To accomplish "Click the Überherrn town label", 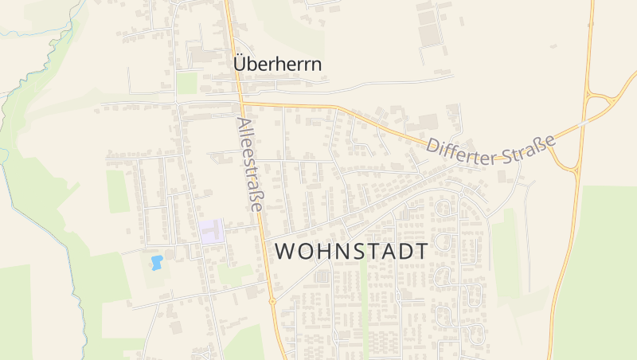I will tap(278, 65).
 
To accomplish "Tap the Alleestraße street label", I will tap(249, 164).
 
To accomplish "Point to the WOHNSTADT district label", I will tap(351, 250).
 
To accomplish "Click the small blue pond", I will tap(157, 261).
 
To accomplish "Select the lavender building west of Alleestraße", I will tap(212, 232).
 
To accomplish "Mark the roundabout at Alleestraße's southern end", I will tap(272, 302).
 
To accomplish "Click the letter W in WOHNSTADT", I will tap(283, 250).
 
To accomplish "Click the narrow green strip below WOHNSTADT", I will tap(365, 311).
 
